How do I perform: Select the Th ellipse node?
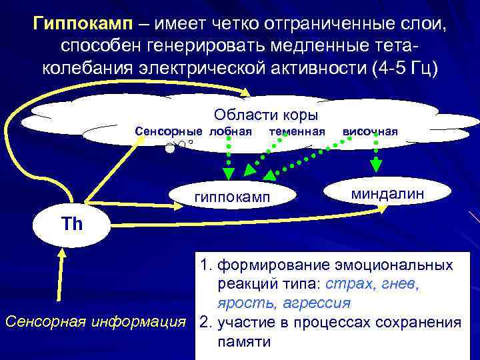click(x=71, y=223)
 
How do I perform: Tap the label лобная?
click(x=231, y=131)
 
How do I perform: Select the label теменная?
click(x=297, y=131)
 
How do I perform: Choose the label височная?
click(x=370, y=131)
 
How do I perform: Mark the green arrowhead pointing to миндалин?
click(x=376, y=167)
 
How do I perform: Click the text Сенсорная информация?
click(x=95, y=323)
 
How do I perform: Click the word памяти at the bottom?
click(x=243, y=342)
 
